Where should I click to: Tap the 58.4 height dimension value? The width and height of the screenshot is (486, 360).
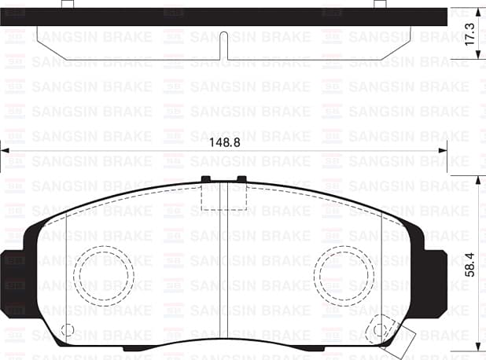click(471, 265)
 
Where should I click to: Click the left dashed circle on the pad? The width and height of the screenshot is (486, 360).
click(105, 275)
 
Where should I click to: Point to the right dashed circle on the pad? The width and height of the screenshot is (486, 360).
click(346, 275)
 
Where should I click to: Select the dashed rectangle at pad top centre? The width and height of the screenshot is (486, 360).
click(224, 196)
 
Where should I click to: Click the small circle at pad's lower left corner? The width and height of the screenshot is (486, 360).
click(67, 330)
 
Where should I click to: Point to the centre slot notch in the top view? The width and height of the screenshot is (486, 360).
click(224, 44)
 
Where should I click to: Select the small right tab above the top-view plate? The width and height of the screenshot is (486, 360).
click(380, 4)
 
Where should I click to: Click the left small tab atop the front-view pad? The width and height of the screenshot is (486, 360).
click(207, 179)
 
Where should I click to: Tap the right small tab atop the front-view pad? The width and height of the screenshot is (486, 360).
click(241, 179)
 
